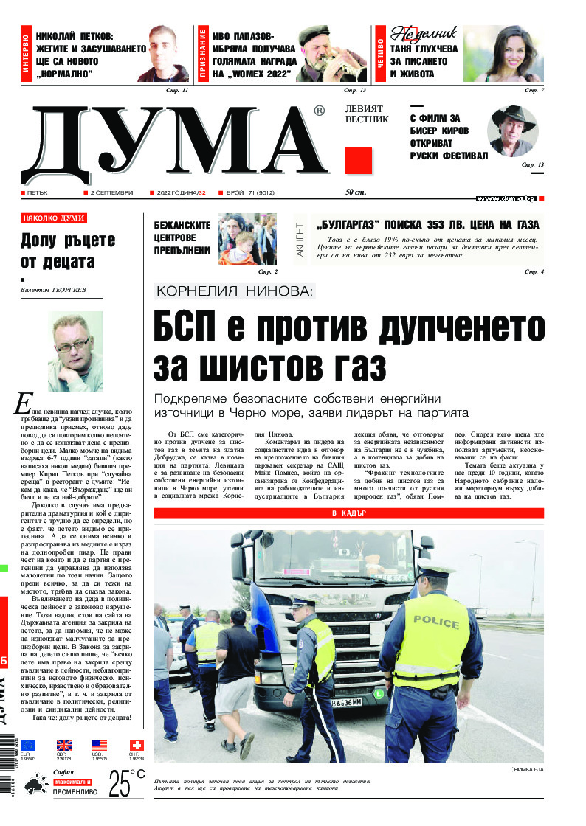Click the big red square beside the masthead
(358, 160)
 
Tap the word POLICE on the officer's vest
(436, 619)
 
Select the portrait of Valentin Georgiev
(75, 351)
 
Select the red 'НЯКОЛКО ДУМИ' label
(54, 218)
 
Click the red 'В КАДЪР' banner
(348, 513)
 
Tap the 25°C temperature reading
(126, 784)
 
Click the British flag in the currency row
(63, 746)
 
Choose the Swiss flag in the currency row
(137, 746)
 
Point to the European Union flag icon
(28, 746)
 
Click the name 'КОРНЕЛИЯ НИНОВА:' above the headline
(235, 292)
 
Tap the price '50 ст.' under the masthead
(356, 192)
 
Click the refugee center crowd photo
(247, 239)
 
